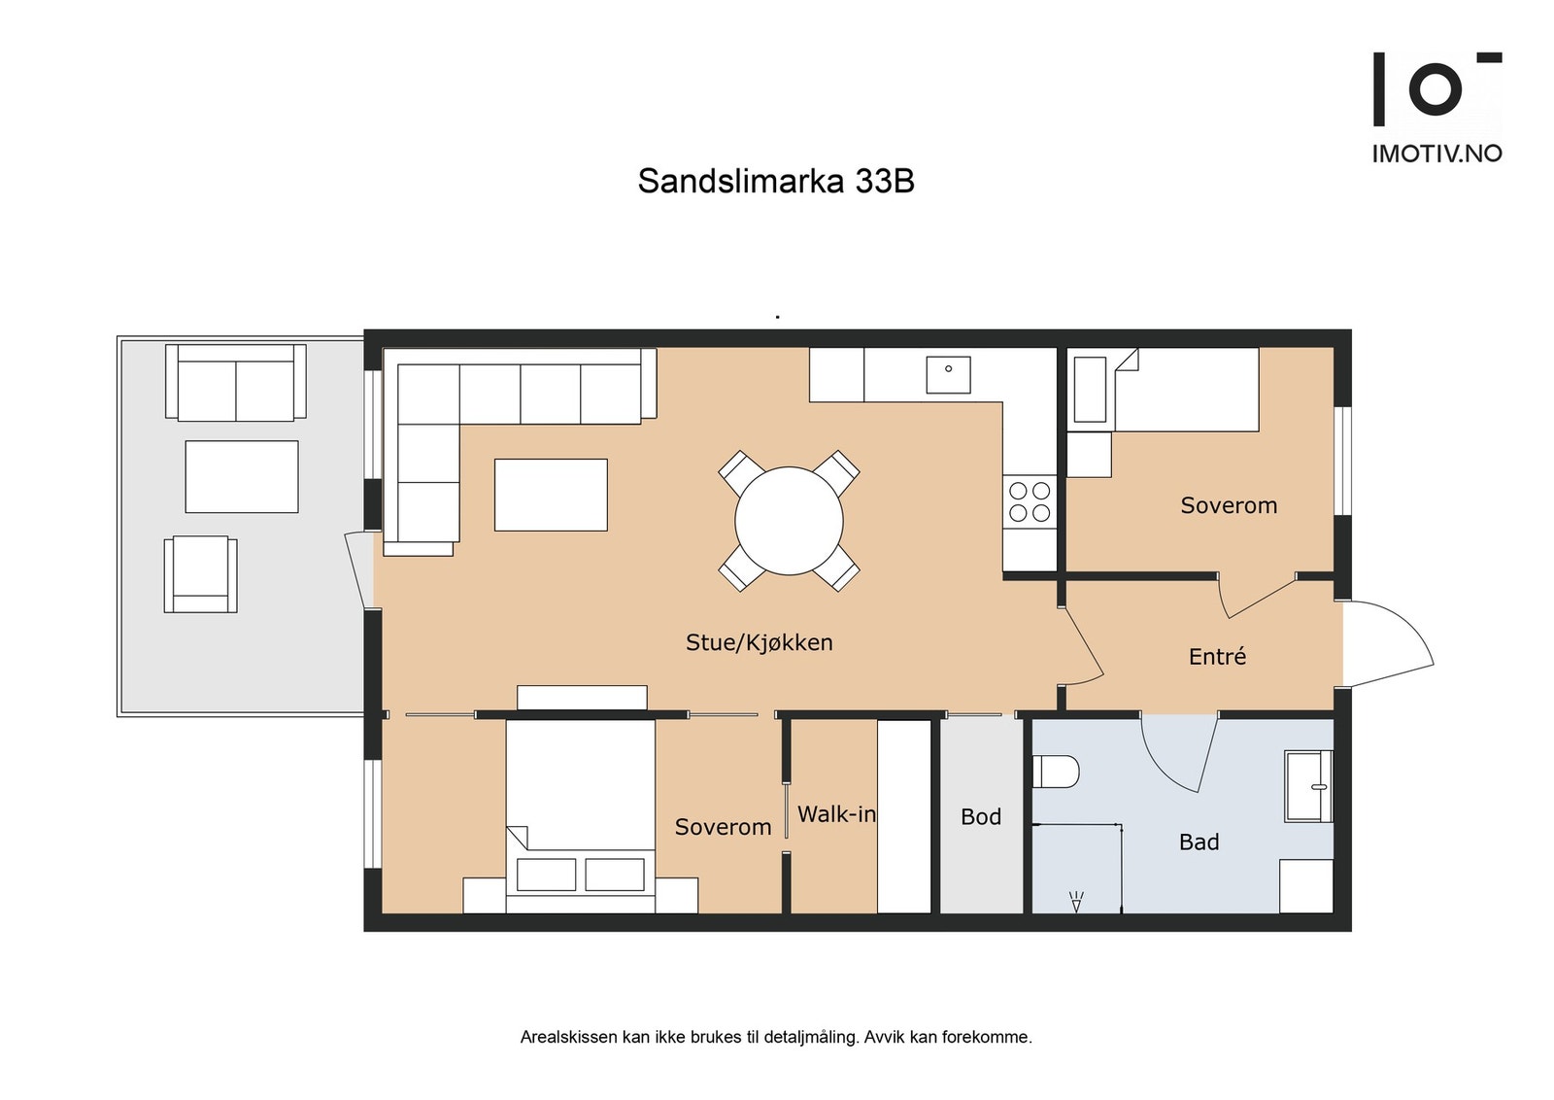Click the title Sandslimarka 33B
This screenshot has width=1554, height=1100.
tap(775, 182)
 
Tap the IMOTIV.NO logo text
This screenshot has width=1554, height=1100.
tap(1436, 154)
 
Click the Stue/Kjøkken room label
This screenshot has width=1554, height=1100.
tap(759, 642)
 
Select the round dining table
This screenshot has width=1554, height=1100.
tap(789, 521)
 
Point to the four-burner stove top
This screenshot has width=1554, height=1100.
tap(1030, 501)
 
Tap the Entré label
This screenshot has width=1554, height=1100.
tap(1217, 657)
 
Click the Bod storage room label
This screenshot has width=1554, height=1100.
tap(980, 817)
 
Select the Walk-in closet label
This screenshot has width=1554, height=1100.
tap(836, 814)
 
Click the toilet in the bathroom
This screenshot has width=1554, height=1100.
tap(1056, 772)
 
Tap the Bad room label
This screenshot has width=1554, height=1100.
tap(1199, 842)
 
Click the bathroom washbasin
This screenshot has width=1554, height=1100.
tap(1308, 786)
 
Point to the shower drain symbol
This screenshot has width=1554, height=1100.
tap(1075, 902)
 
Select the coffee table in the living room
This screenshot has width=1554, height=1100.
tap(551, 495)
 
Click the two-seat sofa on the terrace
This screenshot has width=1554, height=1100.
tap(236, 383)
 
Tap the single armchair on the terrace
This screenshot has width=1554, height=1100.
tap(200, 573)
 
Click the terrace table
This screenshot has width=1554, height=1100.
tap(242, 476)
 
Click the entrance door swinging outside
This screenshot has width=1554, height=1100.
tap(1387, 642)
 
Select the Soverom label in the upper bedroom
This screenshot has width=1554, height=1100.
tap(1229, 505)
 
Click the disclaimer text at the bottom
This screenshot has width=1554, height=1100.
tap(775, 1037)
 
